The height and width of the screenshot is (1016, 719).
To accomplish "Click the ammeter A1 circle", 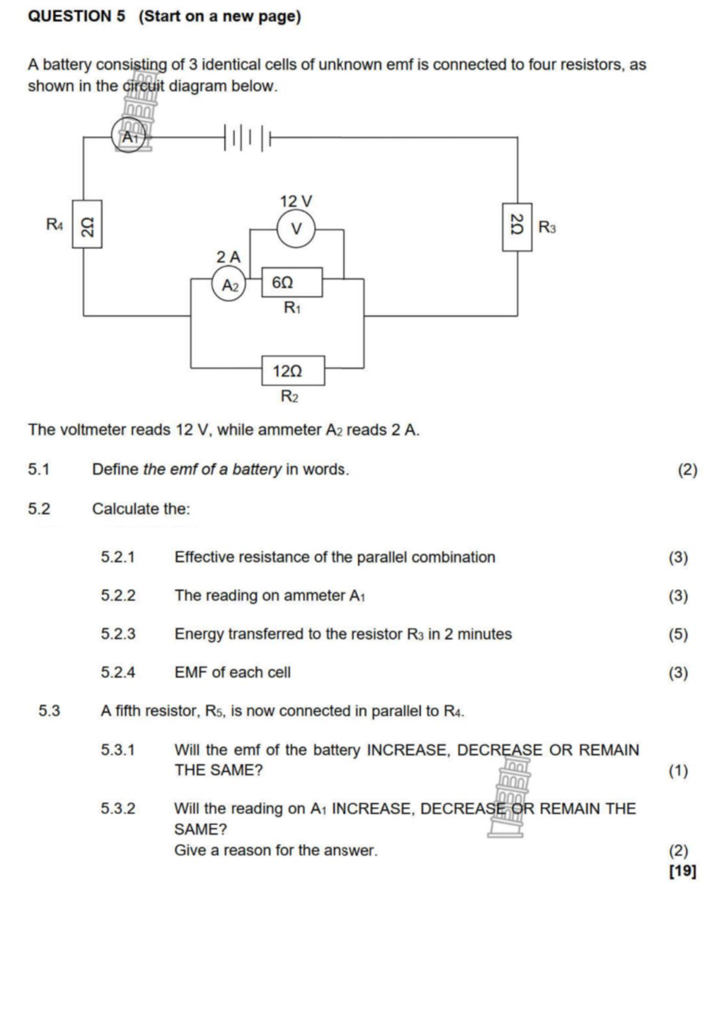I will click(x=128, y=137).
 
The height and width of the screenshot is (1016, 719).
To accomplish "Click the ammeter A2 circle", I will click(x=229, y=285).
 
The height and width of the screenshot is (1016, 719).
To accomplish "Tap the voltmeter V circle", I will click(x=296, y=228).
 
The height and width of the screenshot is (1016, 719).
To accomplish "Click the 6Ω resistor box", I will click(x=292, y=282).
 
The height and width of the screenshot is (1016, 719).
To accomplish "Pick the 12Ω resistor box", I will click(x=293, y=371).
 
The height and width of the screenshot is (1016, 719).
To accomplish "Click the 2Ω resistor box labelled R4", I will click(x=87, y=224).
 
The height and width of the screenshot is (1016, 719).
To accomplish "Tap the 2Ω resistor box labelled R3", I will click(x=516, y=226).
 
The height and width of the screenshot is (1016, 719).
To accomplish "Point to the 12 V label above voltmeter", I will click(x=296, y=201).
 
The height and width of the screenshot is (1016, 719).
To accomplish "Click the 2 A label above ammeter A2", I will click(x=228, y=257).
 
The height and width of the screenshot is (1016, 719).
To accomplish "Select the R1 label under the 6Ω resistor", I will click(x=292, y=308).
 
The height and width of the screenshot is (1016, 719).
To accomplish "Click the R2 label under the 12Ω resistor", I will click(x=289, y=397).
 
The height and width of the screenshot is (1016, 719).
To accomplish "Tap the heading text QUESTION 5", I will click(x=77, y=16).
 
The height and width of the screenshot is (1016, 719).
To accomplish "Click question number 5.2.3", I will click(x=118, y=634).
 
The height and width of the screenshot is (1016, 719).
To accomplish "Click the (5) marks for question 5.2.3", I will click(x=678, y=634).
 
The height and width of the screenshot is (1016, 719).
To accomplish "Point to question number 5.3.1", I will click(x=118, y=750).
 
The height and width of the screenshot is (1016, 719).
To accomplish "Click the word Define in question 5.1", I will click(x=115, y=470).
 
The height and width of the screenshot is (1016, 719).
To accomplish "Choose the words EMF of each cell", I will click(x=232, y=673).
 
